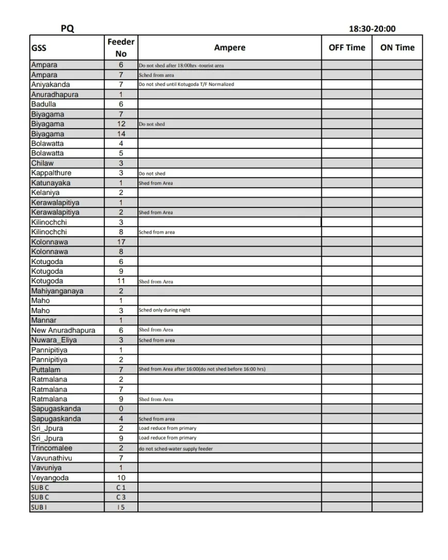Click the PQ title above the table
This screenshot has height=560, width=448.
click(67, 29)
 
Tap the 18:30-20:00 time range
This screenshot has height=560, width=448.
click(372, 29)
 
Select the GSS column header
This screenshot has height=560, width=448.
click(39, 48)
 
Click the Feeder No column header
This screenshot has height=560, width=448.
click(121, 47)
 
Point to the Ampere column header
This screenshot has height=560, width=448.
click(230, 47)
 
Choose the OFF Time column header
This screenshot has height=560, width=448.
click(347, 47)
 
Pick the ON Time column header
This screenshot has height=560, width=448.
click(397, 47)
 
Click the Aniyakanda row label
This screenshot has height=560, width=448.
click(50, 84)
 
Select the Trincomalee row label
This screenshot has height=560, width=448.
click(51, 448)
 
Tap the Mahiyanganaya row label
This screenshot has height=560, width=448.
click(57, 291)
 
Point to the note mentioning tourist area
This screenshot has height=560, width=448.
click(181, 65)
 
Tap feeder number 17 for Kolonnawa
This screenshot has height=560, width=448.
click(121, 242)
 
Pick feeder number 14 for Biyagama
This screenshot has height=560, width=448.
click(121, 134)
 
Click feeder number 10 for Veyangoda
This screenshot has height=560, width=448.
click(121, 478)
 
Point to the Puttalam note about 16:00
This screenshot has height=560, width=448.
click(202, 369)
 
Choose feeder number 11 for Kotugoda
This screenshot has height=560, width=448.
click(121, 281)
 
